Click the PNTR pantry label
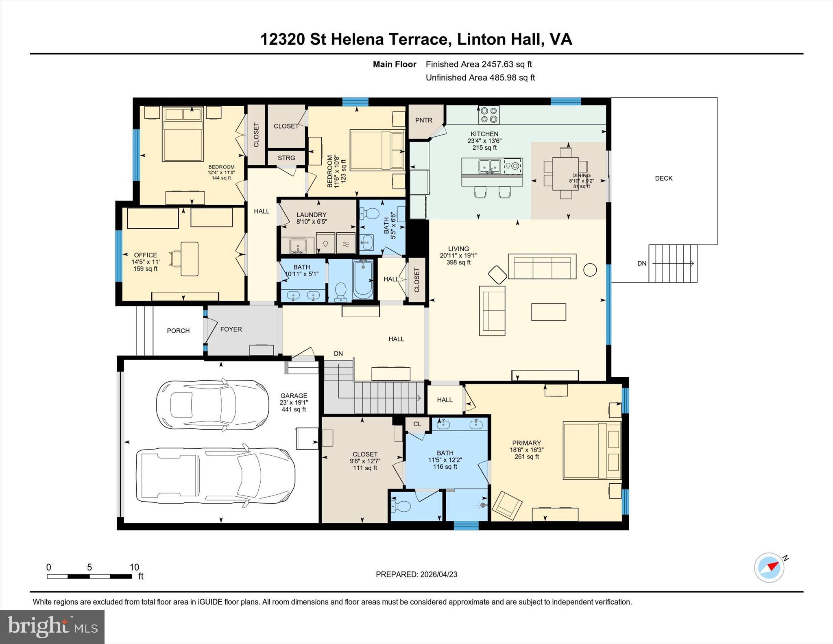coord(424,120)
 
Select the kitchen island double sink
coord(490,166)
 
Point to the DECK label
coord(663,178)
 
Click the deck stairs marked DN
coord(672,263)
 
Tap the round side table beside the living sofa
coord(590,269)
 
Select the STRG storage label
coord(286,158)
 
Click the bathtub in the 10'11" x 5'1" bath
coord(363,279)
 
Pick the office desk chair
coord(177,259)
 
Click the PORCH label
coord(178,331)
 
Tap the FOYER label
coord(231,329)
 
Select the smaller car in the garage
coord(212,404)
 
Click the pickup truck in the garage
coord(216,476)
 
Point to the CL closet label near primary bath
coord(417,424)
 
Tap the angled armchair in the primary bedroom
coord(507,506)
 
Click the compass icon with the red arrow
coord(769,567)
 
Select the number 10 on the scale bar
coord(134,567)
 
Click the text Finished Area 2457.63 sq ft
coord(479,64)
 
